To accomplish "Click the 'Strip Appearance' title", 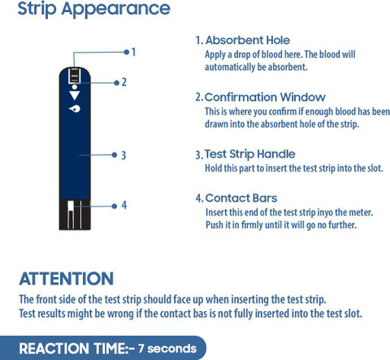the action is (x=93, y=9).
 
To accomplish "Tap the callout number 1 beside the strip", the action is (x=133, y=52).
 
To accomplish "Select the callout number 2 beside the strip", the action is (x=123, y=82).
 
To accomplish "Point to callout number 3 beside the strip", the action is (x=123, y=155).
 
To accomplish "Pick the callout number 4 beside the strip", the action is (x=124, y=205).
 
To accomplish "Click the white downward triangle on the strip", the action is (x=75, y=95).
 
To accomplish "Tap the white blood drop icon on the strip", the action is (x=75, y=109).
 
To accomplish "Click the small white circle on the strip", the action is (x=75, y=87).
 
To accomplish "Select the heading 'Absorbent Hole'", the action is (x=248, y=41).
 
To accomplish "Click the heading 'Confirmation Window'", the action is (x=265, y=97).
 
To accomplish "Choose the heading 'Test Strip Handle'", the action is (x=249, y=154).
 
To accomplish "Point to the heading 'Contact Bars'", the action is (x=241, y=198).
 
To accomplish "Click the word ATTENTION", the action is (x=67, y=279).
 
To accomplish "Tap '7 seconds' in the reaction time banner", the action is (x=167, y=349).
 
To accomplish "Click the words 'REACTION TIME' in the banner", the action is (x=72, y=349).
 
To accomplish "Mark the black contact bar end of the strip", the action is (x=75, y=215).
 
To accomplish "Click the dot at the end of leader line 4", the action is (x=115, y=206).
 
